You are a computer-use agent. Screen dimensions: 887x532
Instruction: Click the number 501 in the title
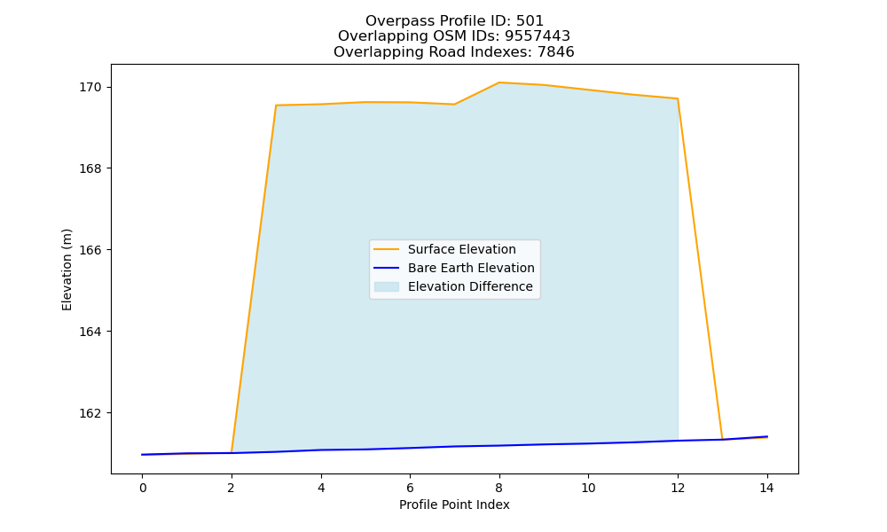(x=530, y=21)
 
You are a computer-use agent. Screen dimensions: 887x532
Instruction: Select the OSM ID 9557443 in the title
(x=538, y=36)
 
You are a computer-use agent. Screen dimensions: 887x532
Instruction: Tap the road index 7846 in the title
(x=556, y=52)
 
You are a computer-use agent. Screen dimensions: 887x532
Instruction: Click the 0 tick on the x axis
(x=143, y=488)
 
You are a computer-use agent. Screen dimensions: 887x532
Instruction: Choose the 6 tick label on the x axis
(x=410, y=488)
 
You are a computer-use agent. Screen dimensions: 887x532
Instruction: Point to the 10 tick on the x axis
(x=588, y=488)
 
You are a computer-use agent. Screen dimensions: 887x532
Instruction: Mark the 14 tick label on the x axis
(x=766, y=488)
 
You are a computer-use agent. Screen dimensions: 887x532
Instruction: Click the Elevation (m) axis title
(x=67, y=270)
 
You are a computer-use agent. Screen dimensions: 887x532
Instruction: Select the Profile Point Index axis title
(x=454, y=505)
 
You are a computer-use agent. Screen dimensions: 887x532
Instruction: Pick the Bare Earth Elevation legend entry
(x=452, y=268)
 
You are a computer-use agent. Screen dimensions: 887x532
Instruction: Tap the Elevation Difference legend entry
(x=452, y=286)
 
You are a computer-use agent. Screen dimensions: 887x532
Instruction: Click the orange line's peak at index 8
(x=498, y=82)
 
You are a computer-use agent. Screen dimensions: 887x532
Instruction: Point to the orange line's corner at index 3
(x=276, y=106)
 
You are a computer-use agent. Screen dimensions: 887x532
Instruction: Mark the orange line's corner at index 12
(x=677, y=99)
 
